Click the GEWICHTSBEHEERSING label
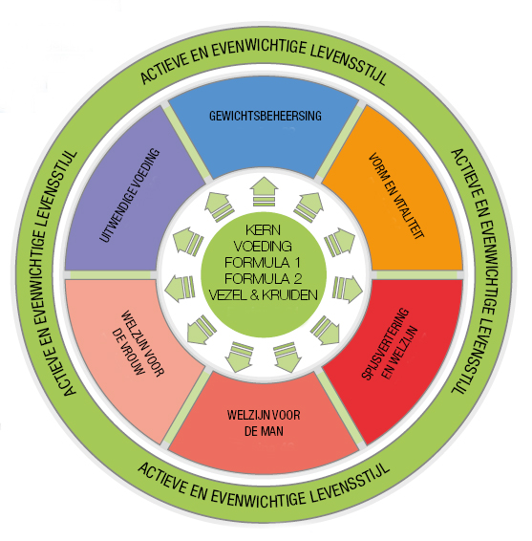click(x=266, y=116)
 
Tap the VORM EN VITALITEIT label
click(x=395, y=196)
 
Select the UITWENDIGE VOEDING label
click(x=130, y=195)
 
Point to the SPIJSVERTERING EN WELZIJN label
click(x=390, y=344)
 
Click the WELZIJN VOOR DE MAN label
click(x=264, y=422)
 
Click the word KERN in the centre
click(x=263, y=229)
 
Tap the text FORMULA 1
click(x=263, y=263)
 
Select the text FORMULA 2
click(x=263, y=278)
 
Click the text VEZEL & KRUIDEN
click(x=263, y=295)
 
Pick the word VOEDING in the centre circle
click(x=263, y=247)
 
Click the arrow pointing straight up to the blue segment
click(x=264, y=192)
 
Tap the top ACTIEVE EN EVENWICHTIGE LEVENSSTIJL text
click(x=264, y=57)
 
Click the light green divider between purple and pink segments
click(x=111, y=274)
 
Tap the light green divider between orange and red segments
click(x=417, y=274)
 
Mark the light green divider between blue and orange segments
click(x=341, y=141)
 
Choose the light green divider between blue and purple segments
click(x=187, y=141)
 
